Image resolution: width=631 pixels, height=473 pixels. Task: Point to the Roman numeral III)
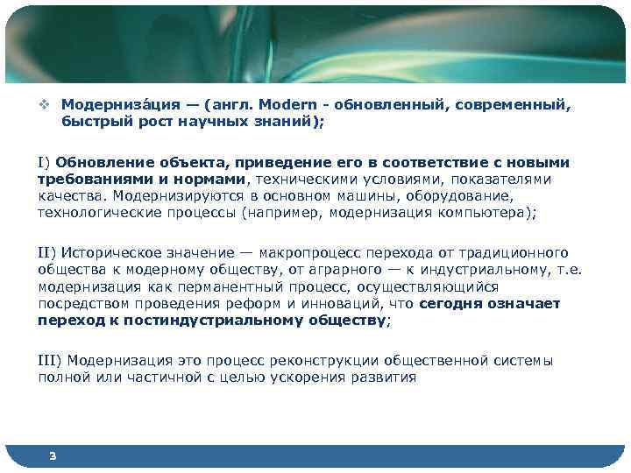click(50, 361)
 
